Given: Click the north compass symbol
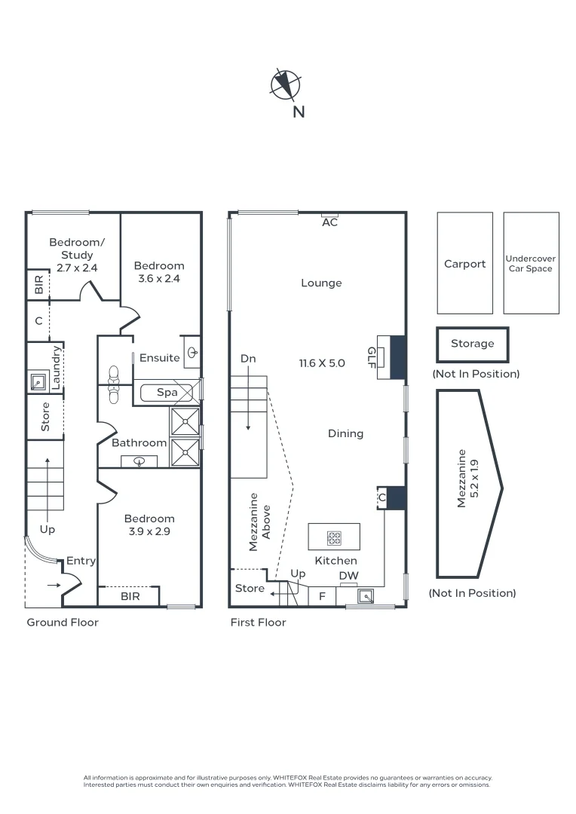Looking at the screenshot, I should pos(286,84).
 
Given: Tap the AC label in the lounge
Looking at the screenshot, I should pos(329,222).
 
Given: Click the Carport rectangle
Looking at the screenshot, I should pos(464,264).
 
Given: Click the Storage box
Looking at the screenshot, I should pos(472,344).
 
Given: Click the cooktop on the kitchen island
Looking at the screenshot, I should pos(334,538).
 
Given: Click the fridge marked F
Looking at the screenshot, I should pos(322,596).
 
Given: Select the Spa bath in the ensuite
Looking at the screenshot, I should pos(167,393).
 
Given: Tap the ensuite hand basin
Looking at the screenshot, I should pos(193,351).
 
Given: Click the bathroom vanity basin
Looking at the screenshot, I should pos(139,461).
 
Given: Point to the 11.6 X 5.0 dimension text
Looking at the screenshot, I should pos(322,363).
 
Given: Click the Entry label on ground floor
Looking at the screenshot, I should pos(81,561).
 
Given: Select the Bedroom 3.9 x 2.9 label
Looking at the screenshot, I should pos(149,525).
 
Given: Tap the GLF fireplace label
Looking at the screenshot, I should pos(372,356).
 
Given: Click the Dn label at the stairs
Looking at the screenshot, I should pos(249,359).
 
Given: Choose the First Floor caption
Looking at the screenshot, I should pos(258,623).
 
